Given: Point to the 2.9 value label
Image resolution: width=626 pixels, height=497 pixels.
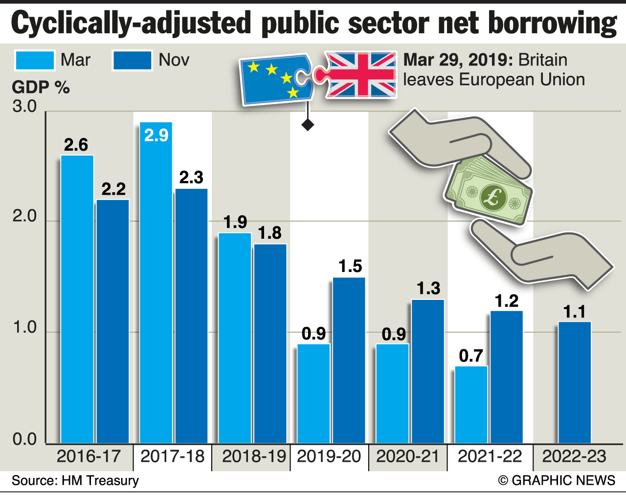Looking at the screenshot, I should click(x=156, y=135).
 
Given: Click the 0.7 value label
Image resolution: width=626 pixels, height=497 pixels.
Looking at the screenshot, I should click(x=471, y=356).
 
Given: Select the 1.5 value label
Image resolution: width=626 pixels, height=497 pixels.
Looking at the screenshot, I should click(x=350, y=266).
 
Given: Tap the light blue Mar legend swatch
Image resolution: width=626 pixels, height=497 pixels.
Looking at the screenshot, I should click(x=35, y=61).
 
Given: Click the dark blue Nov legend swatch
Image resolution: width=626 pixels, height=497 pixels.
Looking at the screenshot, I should click(x=132, y=61).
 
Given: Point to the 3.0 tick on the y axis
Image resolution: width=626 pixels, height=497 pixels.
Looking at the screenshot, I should click(x=25, y=106).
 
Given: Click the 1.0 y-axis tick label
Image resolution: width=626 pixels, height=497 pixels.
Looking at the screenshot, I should click(x=25, y=327).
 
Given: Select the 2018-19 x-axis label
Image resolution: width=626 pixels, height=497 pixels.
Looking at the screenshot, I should click(x=253, y=456).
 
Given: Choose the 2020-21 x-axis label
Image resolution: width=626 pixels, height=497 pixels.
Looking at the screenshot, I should click(x=408, y=456).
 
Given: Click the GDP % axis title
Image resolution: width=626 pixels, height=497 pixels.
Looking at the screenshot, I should click(x=41, y=88).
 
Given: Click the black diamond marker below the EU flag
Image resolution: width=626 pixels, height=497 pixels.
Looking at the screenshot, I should click(x=308, y=125).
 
